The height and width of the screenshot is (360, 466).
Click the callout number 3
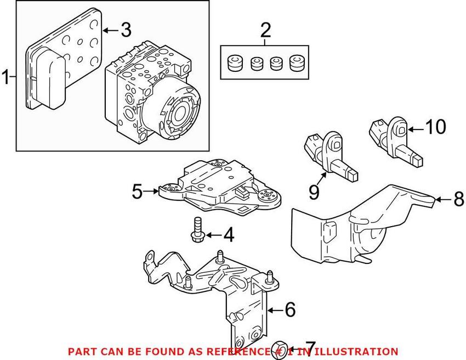pyautogui.click(x=126, y=30)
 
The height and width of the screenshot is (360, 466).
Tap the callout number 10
pyautogui.click(x=436, y=127)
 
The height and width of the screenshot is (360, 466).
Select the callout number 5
pyautogui.click(x=138, y=192)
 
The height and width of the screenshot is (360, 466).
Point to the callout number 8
pyautogui.click(x=459, y=199)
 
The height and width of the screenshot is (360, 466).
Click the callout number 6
pyautogui.click(x=290, y=310)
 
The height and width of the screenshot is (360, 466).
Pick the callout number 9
pyautogui.click(x=314, y=192)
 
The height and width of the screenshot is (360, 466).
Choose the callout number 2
pyautogui.click(x=265, y=30)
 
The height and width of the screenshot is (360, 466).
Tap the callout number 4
pyautogui.click(x=229, y=235)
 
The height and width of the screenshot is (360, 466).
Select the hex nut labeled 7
pyautogui.click(x=280, y=352)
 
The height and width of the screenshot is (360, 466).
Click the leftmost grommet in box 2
pyautogui.click(x=234, y=63)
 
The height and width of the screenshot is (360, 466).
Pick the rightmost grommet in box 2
pyautogui.click(x=295, y=63)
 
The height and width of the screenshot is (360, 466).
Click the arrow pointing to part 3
pyautogui.click(x=111, y=30)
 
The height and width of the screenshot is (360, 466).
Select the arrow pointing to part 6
pyautogui.click(x=275, y=310)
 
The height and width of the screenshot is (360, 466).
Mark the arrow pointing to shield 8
pyautogui.click(x=444, y=199)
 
